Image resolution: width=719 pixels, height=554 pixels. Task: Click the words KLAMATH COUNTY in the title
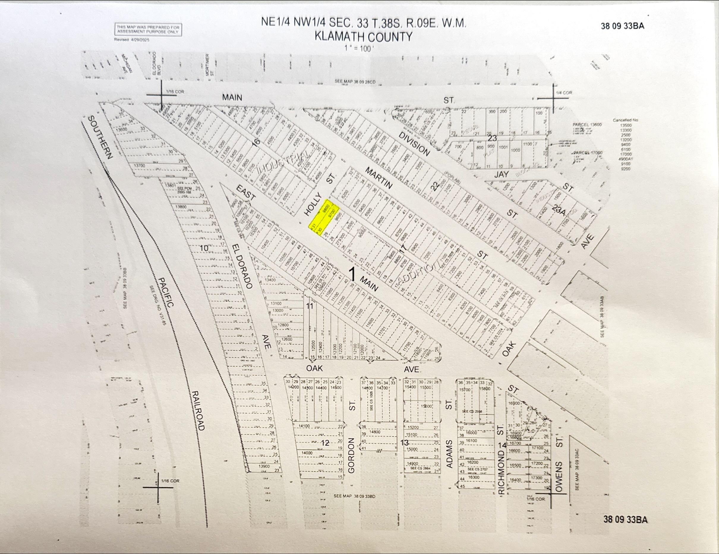[x=363, y=36]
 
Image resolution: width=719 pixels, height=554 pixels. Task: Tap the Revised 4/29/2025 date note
[x=132, y=40]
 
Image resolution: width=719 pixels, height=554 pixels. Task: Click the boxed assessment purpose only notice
[x=148, y=30]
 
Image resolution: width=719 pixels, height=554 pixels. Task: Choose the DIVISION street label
[x=414, y=144]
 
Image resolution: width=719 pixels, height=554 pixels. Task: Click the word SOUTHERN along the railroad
[x=100, y=137]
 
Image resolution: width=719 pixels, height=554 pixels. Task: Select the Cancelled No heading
[x=625, y=120]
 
